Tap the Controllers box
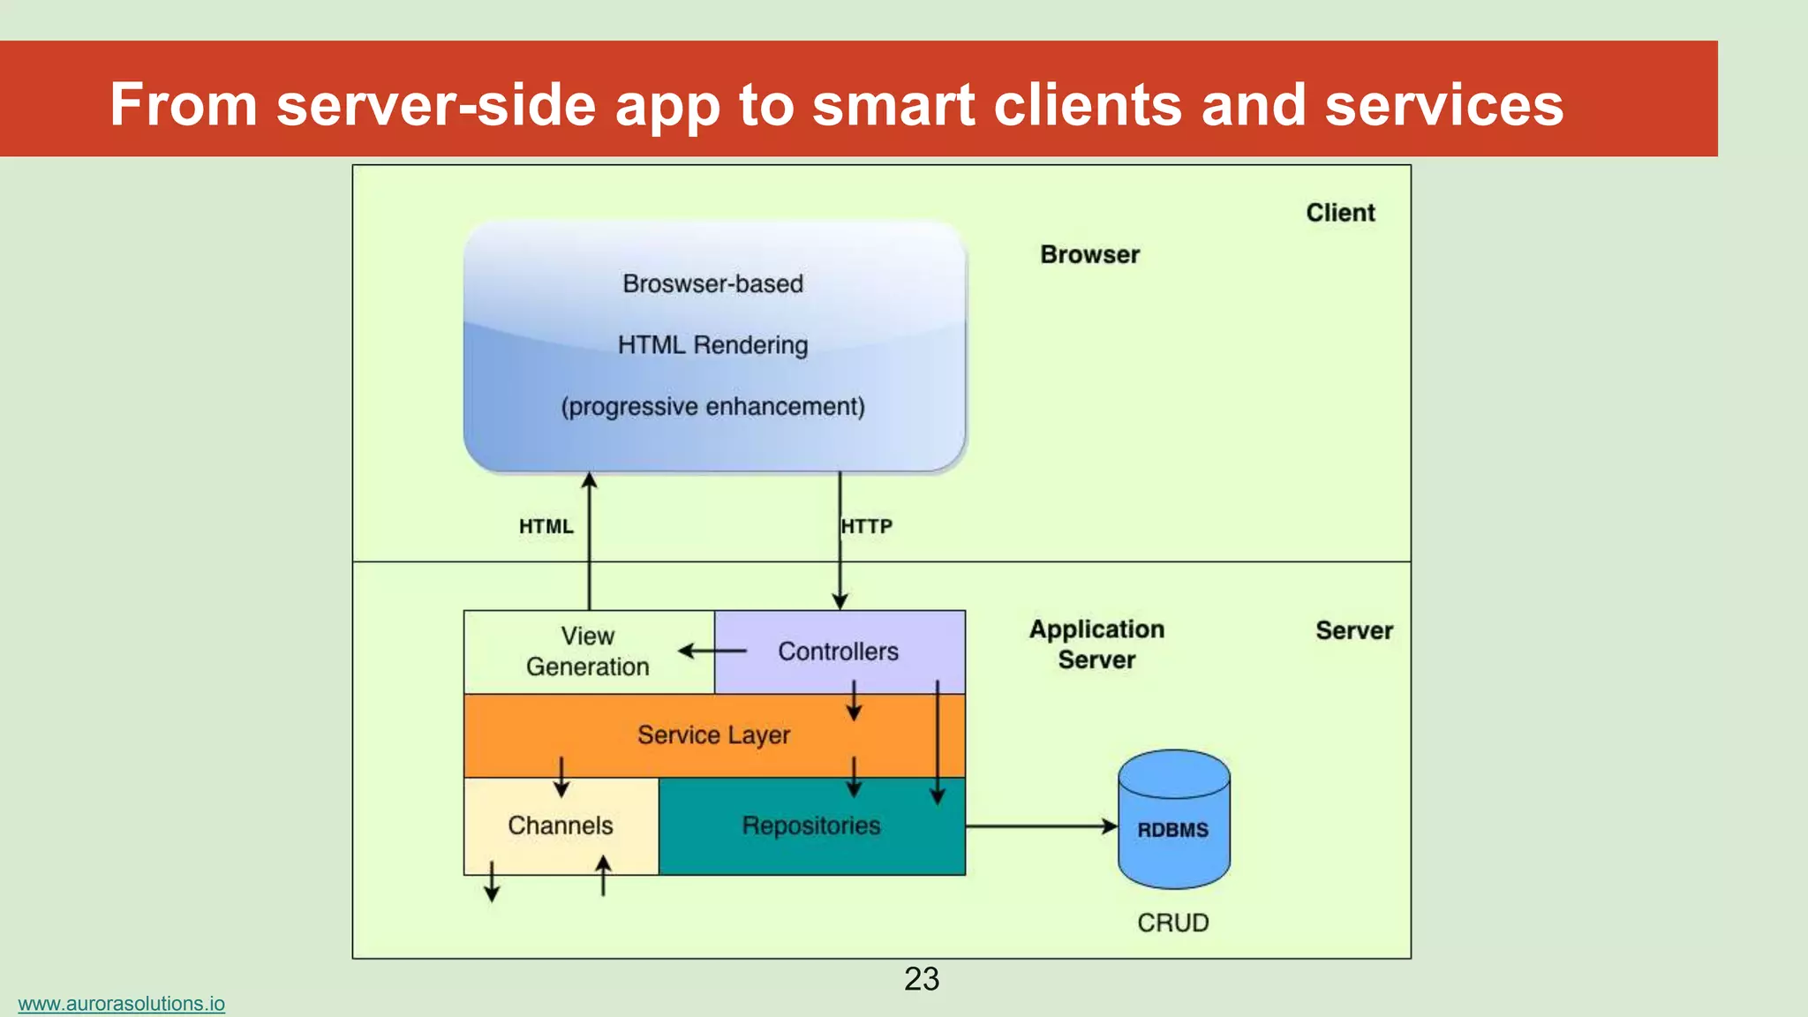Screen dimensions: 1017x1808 tap(838, 652)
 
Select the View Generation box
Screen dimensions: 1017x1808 tap(588, 652)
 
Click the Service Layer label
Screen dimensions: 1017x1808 tap(713, 734)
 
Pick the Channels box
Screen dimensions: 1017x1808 tap(561, 825)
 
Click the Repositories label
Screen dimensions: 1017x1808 tap(810, 825)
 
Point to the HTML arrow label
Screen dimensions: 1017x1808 tap(546, 526)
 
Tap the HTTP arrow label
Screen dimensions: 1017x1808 tap(867, 526)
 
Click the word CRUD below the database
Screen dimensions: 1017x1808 tap(1172, 923)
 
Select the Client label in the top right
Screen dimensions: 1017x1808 tap(1340, 213)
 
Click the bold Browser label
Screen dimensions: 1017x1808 tap(1089, 254)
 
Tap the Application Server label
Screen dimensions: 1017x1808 tap(1096, 644)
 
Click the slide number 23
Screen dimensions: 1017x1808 tap(922, 979)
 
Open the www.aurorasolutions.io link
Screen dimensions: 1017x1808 tap(121, 1004)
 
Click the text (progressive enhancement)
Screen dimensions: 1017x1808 tap(712, 406)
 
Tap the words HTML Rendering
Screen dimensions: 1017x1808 tap(712, 344)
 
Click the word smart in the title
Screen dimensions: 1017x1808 tap(893, 105)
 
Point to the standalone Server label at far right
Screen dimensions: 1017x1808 tap(1353, 630)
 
